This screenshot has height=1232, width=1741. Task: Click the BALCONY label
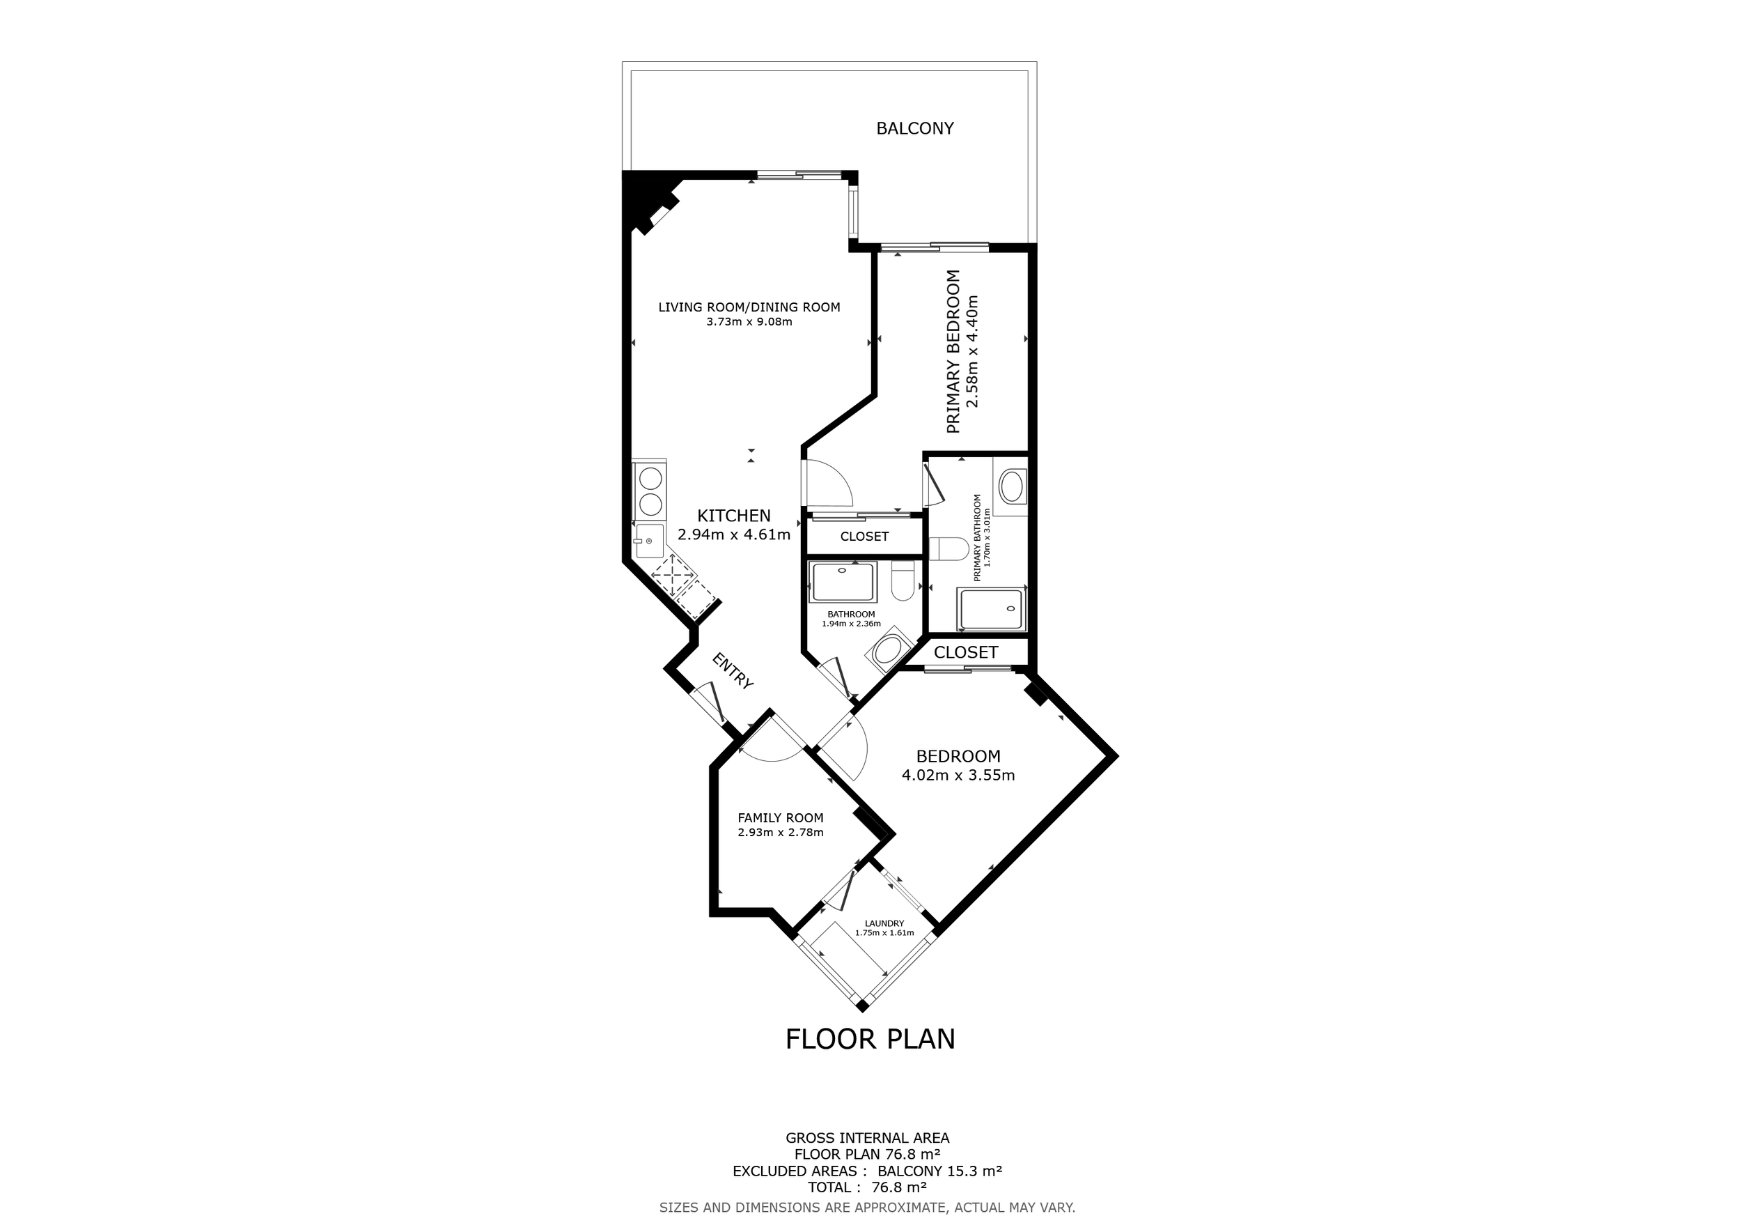click(914, 128)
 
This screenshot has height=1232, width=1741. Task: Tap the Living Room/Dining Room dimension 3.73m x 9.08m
click(749, 322)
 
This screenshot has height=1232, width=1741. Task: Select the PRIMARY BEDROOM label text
click(953, 351)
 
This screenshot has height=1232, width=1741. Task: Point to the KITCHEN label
click(734, 516)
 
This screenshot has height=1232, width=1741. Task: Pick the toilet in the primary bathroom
click(948, 548)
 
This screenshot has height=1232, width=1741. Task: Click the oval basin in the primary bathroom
click(1013, 486)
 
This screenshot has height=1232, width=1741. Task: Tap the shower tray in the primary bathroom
click(992, 609)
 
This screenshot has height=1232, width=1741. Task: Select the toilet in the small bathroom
click(903, 581)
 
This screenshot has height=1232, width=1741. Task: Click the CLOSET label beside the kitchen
click(864, 537)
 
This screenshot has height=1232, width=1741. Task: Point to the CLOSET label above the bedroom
click(965, 652)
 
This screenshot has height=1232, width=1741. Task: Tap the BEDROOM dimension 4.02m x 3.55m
click(958, 776)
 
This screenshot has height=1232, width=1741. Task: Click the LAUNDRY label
click(884, 923)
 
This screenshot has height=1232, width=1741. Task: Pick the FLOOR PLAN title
click(870, 1038)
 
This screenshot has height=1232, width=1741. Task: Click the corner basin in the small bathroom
click(887, 651)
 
